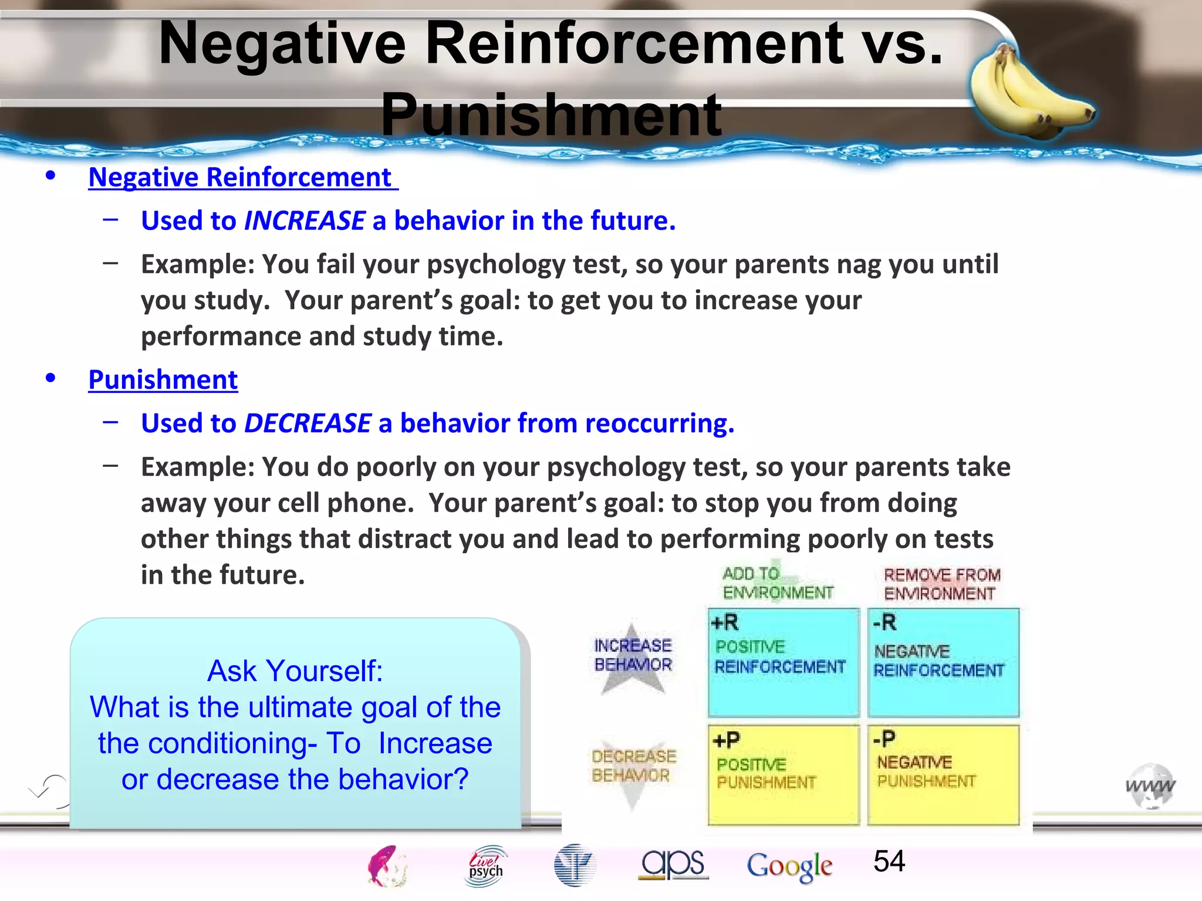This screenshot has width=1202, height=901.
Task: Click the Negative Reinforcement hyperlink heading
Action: [241, 177]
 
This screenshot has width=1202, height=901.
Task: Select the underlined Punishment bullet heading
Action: [163, 380]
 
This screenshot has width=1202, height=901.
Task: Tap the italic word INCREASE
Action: [305, 221]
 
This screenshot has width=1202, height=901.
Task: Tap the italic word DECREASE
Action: [308, 424]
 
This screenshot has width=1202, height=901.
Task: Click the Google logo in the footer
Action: [789, 866]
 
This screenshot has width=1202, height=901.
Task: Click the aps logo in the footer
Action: [673, 863]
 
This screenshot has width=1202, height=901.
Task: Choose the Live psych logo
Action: [486, 866]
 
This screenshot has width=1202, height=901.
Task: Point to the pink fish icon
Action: [386, 866]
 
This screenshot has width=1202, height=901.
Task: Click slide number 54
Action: [889, 861]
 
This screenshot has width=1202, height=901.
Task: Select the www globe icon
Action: [1150, 786]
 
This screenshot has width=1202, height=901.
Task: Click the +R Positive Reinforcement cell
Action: [783, 663]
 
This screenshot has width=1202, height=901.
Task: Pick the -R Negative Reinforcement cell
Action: [943, 663]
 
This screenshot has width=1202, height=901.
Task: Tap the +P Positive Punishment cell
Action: [783, 774]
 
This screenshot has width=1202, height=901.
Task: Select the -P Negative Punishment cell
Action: [943, 774]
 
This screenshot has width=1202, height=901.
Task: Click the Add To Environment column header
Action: [777, 584]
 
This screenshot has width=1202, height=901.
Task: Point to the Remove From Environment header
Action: [941, 584]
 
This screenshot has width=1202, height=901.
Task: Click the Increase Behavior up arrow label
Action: [633, 655]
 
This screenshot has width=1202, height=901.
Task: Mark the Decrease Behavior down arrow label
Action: [633, 766]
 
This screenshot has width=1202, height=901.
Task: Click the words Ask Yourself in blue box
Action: [295, 671]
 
